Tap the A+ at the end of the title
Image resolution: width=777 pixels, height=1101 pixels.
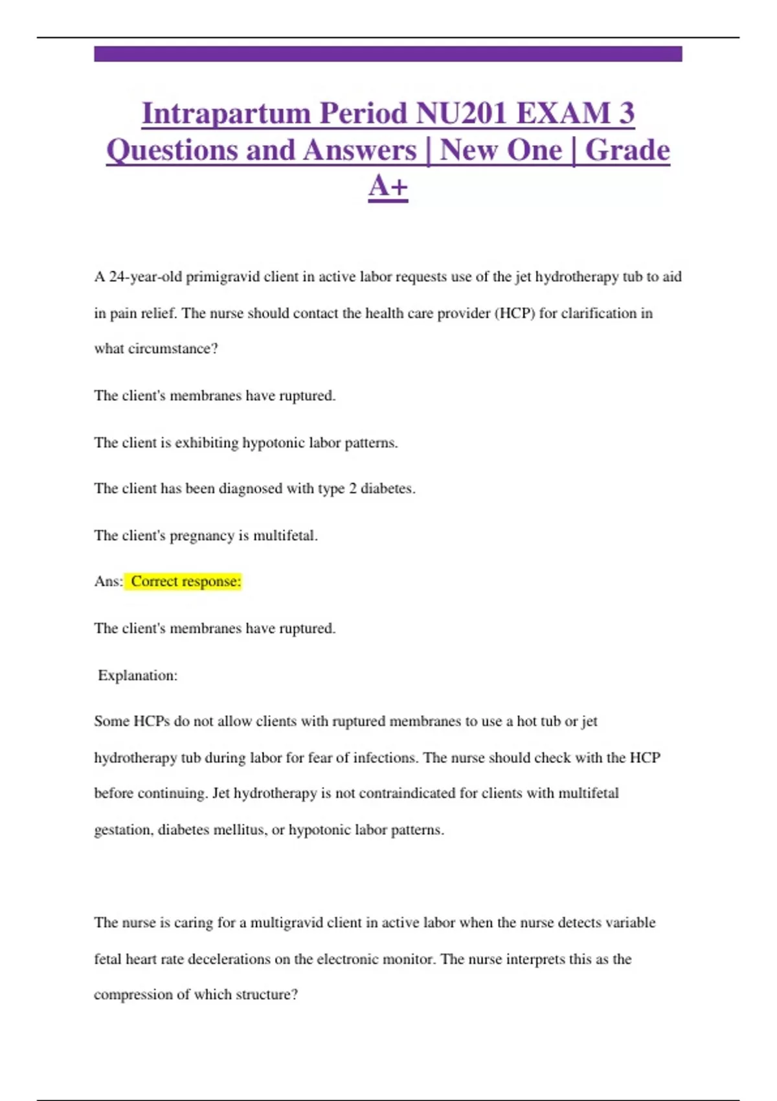[388, 187]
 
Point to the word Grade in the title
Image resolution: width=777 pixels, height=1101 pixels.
[627, 150]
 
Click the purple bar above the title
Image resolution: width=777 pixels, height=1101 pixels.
[388, 54]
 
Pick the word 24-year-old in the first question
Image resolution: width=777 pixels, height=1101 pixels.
[146, 277]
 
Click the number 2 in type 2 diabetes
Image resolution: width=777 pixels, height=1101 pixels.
[353, 489]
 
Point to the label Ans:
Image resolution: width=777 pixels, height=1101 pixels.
[108, 582]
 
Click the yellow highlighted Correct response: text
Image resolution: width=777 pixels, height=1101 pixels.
[185, 582]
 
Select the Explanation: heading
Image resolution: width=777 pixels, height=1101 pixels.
[137, 675]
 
